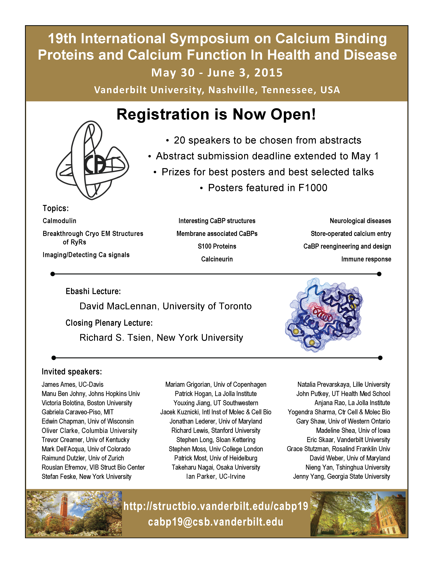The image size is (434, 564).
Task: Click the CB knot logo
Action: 92,160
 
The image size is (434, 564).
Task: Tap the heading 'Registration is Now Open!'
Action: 216,114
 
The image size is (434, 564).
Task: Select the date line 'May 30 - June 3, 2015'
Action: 217,73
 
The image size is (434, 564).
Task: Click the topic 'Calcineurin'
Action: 217,259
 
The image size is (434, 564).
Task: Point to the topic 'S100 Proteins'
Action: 217,246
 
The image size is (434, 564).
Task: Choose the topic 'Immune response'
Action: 366,259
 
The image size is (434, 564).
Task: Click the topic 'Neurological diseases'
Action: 360,221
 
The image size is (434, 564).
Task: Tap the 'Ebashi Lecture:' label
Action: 93,291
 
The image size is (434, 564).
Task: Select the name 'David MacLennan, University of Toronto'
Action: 166,306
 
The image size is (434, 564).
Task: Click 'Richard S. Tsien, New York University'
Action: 161,338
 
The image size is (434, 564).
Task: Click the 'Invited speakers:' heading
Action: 72,372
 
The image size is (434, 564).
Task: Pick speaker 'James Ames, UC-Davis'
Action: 72,385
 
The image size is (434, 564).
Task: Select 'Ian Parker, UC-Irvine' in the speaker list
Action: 216,477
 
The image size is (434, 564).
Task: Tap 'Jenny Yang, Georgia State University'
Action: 341,477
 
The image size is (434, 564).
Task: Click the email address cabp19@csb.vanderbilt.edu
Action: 216,522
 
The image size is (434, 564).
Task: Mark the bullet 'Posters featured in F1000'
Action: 267,188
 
